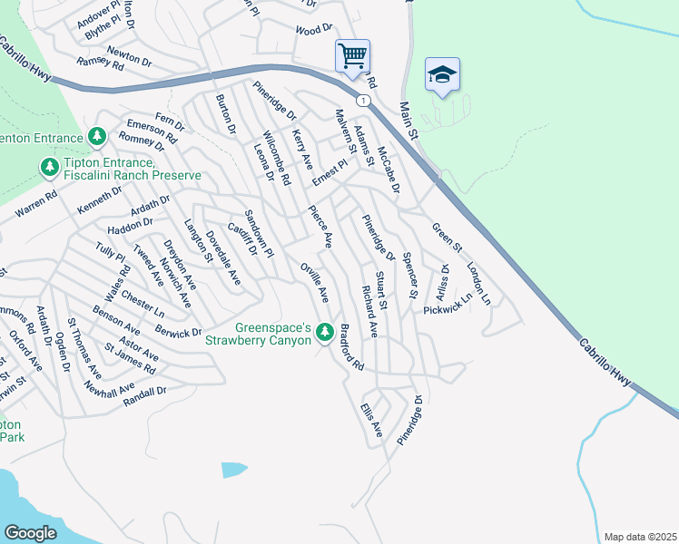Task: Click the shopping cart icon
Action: [352, 55]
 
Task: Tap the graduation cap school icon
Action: [442, 75]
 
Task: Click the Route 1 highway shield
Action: [363, 100]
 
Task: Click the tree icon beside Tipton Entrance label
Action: [49, 168]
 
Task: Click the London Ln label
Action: [478, 284]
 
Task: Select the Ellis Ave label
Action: [372, 419]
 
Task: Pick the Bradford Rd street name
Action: [351, 348]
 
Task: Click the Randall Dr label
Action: [149, 392]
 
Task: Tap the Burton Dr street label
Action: [225, 115]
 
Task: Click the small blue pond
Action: [233, 470]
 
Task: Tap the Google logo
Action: [31, 532]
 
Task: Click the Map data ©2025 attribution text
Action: [640, 537]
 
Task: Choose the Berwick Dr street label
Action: [178, 332]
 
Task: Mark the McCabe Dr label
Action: [388, 170]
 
